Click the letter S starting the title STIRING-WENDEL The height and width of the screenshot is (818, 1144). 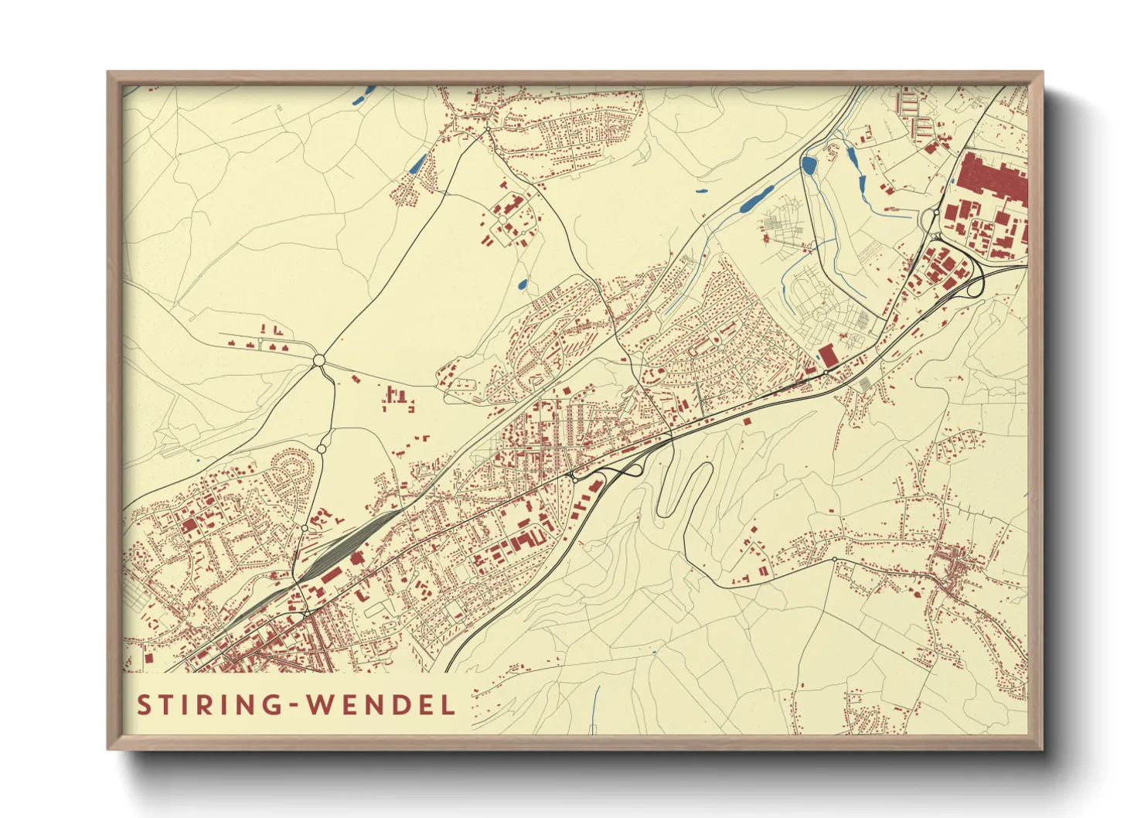[x=143, y=705]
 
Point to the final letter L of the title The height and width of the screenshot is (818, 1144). [x=448, y=705]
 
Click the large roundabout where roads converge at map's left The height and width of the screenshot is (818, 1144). [x=319, y=360]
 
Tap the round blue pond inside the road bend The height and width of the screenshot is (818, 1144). [x=809, y=165]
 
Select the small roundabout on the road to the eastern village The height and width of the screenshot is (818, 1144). [x=835, y=559]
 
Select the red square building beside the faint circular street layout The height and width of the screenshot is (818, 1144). [x=827, y=356]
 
